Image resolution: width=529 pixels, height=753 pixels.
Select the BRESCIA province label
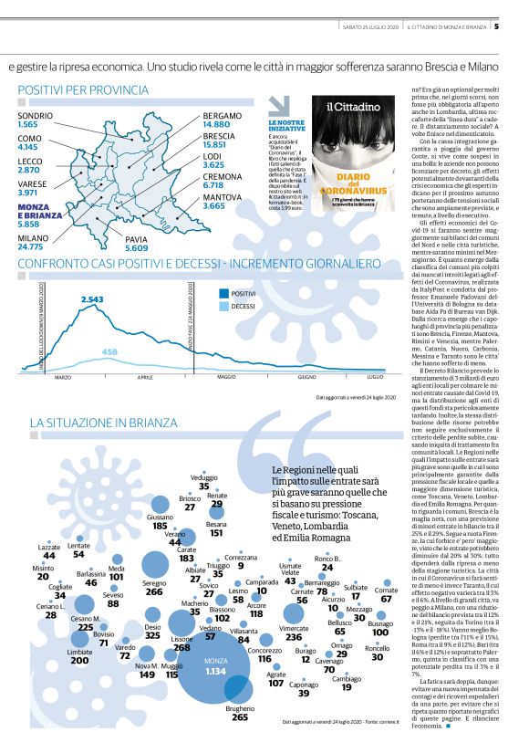[220, 134]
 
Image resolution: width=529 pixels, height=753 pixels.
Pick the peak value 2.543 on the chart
[92, 298]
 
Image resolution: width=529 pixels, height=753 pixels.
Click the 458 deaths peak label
[109, 351]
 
